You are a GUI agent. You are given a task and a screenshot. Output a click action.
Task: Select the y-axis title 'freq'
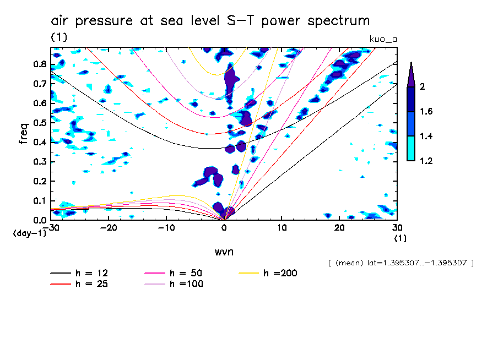(23, 133)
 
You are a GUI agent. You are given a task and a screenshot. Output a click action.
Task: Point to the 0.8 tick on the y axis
(40, 64)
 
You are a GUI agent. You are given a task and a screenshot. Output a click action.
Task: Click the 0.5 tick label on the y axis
(40, 123)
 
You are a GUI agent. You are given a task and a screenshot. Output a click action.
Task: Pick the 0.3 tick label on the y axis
(40, 162)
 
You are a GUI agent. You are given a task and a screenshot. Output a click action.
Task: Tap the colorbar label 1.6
(426, 112)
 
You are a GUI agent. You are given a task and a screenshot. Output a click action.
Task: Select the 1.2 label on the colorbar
(426, 161)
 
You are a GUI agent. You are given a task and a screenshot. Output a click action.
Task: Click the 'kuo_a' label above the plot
(382, 39)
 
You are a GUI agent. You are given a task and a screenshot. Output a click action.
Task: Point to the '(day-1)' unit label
(29, 233)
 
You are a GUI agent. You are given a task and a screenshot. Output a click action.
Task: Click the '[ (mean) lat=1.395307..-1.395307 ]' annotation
(400, 263)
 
